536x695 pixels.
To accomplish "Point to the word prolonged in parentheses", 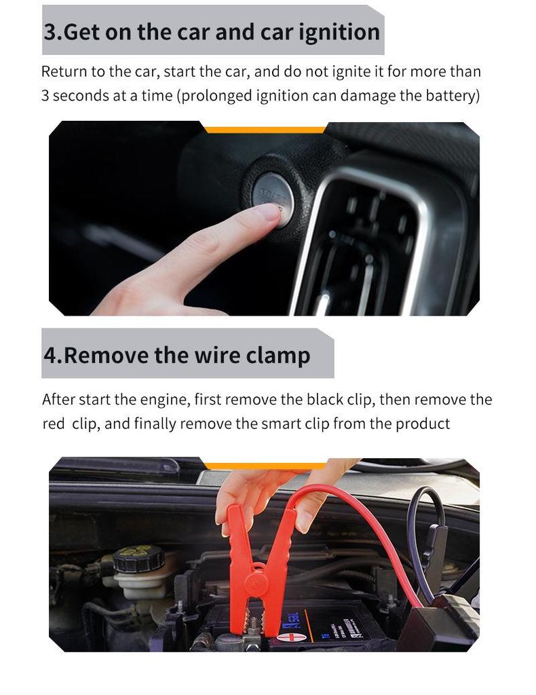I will point(216,96).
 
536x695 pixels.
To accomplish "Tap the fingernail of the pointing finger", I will point(269,212).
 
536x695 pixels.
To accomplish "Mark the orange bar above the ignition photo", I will point(265,129).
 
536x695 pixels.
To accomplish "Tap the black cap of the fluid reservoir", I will point(138,558).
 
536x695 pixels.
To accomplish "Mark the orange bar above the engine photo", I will point(265,466).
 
